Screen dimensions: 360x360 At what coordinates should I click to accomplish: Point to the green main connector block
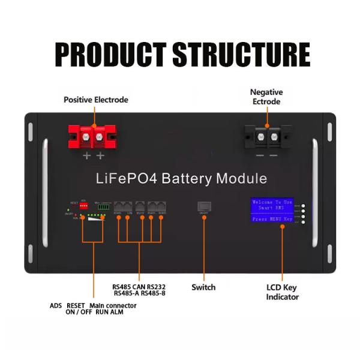point(104,206)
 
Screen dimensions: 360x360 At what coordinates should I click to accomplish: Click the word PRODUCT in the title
point(110,55)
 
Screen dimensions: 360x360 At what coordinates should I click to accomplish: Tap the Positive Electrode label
point(96,100)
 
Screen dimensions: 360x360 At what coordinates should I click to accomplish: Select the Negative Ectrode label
point(266,97)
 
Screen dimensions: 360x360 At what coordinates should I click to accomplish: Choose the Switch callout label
point(203,287)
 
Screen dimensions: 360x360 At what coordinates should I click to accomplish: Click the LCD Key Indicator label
point(283,292)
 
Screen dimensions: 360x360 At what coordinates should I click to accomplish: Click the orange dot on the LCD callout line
point(282,229)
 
